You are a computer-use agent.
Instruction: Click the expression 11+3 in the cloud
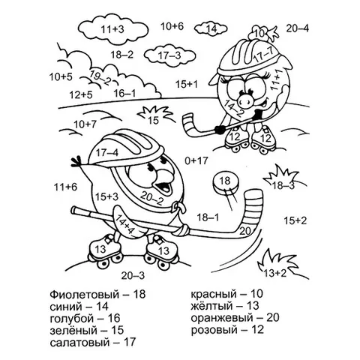[112, 29]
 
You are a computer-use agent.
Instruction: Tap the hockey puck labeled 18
[225, 183]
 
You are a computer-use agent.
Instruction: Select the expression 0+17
[196, 160]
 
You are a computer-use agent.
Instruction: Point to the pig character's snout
[247, 99]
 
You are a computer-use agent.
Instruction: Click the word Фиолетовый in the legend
[84, 295]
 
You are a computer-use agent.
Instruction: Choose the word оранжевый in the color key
[222, 318]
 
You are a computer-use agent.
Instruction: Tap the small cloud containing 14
[211, 28]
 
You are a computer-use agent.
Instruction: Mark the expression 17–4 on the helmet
[107, 152]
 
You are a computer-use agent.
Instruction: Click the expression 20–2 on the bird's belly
[151, 197]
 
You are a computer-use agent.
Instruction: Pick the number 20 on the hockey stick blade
[244, 231]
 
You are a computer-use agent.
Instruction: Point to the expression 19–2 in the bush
[100, 78]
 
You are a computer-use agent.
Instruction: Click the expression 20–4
[298, 28]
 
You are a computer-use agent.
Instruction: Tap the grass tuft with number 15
[155, 115]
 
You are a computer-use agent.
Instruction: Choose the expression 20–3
[133, 276]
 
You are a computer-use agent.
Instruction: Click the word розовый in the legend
[214, 330]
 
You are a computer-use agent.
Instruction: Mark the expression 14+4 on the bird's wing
[125, 223]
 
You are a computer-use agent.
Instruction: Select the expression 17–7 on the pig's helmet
[263, 55]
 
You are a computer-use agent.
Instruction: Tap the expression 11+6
[66, 187]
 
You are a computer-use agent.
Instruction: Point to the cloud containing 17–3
[169, 55]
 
